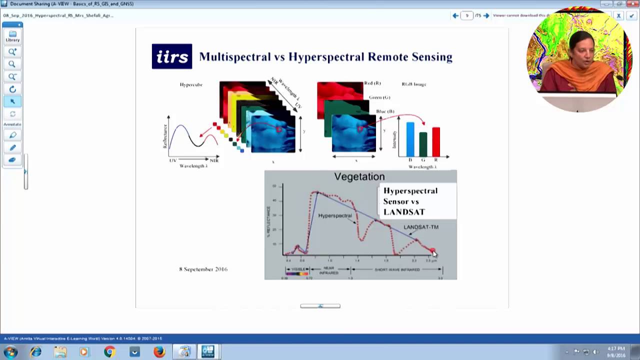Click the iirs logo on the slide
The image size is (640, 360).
click(171, 56)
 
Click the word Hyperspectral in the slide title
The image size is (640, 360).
click(326, 57)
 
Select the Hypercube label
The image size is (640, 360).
click(191, 84)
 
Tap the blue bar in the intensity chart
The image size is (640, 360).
click(410, 139)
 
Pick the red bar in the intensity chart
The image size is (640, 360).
click(436, 141)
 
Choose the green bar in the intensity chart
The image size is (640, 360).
click(423, 144)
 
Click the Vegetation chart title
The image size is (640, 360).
click(359, 176)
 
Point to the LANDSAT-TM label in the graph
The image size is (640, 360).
click(420, 227)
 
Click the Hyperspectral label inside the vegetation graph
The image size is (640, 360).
click(335, 215)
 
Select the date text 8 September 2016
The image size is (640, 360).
click(203, 269)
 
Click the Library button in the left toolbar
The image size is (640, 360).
click(12, 36)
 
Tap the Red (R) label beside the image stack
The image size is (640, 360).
click(372, 83)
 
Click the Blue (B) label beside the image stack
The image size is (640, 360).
click(385, 111)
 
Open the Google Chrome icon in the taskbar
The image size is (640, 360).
click(109, 352)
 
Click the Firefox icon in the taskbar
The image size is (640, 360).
click(159, 352)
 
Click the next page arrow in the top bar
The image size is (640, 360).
click(486, 15)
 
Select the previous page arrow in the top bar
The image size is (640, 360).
click(455, 15)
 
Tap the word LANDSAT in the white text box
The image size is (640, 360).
click(404, 212)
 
